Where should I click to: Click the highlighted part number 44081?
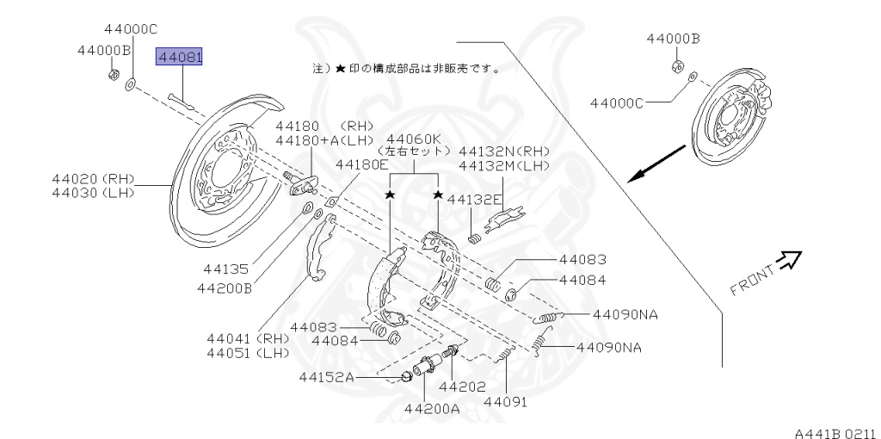[x=178, y=58]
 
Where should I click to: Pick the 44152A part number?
[x=326, y=377]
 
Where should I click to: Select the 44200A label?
[x=431, y=408]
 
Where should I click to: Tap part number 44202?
[x=462, y=387]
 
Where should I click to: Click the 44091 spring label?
[x=505, y=401]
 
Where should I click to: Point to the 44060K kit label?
[x=414, y=138]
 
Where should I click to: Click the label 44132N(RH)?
[x=504, y=149]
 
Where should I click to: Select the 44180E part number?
[x=362, y=164]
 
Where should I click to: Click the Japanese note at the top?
[x=406, y=67]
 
